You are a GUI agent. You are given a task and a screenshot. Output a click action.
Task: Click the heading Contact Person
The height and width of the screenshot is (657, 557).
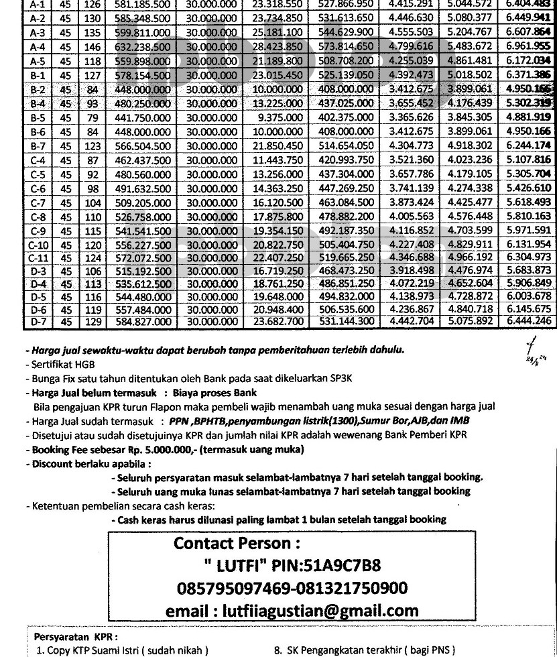pyautogui.click(x=236, y=542)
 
